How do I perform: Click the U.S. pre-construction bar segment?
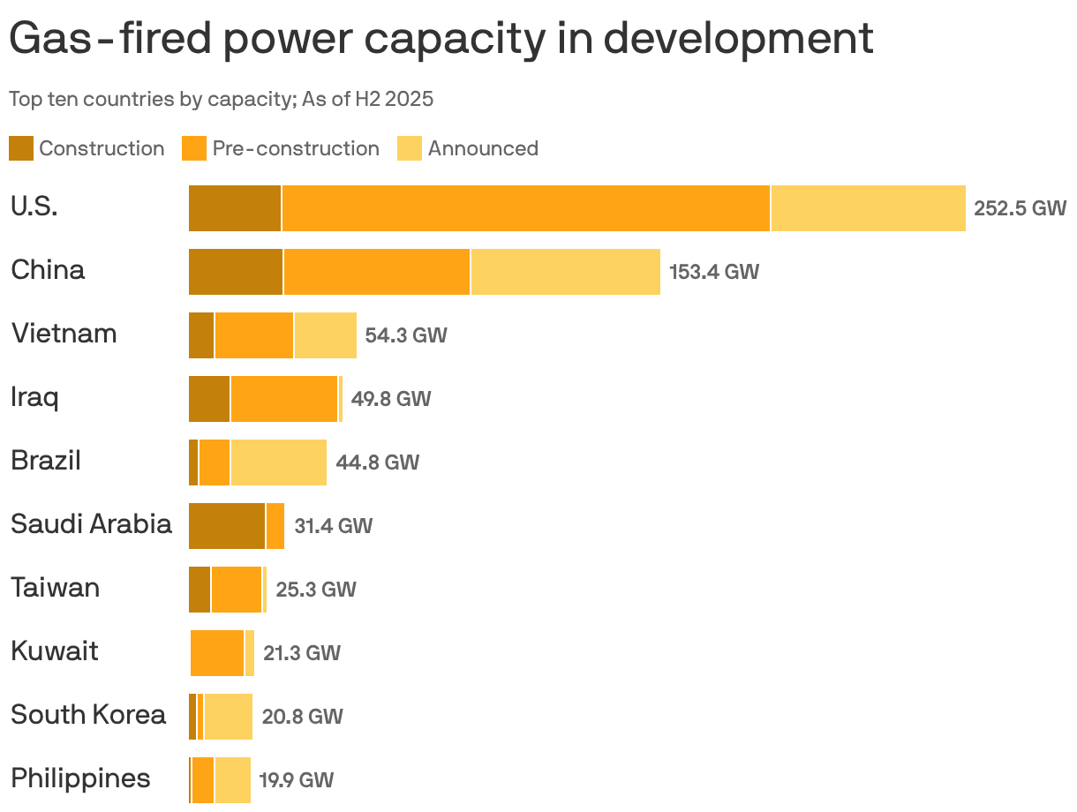pos(525,208)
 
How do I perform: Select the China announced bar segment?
pos(565,272)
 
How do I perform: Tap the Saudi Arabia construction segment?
pos(226,526)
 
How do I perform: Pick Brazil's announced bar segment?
pos(278,462)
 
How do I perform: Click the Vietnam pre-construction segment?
pos(254,335)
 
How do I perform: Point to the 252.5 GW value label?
pos(1020,208)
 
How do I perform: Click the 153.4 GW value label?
pos(713,272)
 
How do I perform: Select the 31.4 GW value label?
pos(333,526)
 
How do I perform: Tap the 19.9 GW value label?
pos(296,780)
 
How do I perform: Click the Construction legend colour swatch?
pos(21,148)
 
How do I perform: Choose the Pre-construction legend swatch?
pos(194,148)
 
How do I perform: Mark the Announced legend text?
pos(483,148)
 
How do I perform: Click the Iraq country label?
pos(34,397)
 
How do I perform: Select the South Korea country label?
pos(88,714)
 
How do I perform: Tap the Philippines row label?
pos(80,778)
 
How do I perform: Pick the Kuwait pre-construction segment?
pos(217,653)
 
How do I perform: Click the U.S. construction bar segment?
pos(235,208)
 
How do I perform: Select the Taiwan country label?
pos(55,588)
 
